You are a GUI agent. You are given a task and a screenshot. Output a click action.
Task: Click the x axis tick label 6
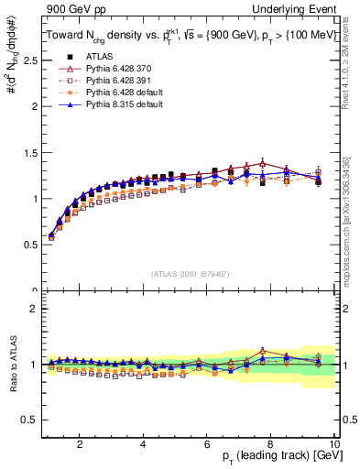(206, 444)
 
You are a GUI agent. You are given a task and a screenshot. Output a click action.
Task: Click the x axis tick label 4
(143, 444)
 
